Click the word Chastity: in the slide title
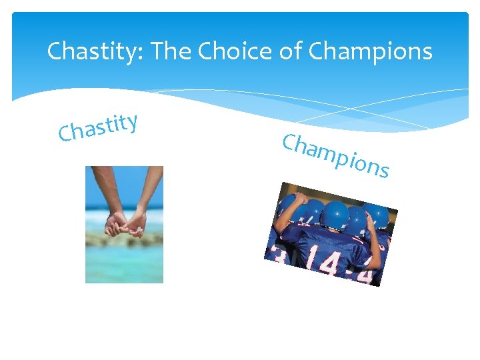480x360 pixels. tap(95, 51)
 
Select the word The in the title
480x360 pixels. tap(171, 51)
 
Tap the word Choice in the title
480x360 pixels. tap(234, 51)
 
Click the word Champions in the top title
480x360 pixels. tap(371, 51)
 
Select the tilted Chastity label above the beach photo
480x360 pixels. tap(98, 127)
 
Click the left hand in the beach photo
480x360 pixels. tap(115, 225)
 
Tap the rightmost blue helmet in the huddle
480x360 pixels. tap(378, 215)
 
